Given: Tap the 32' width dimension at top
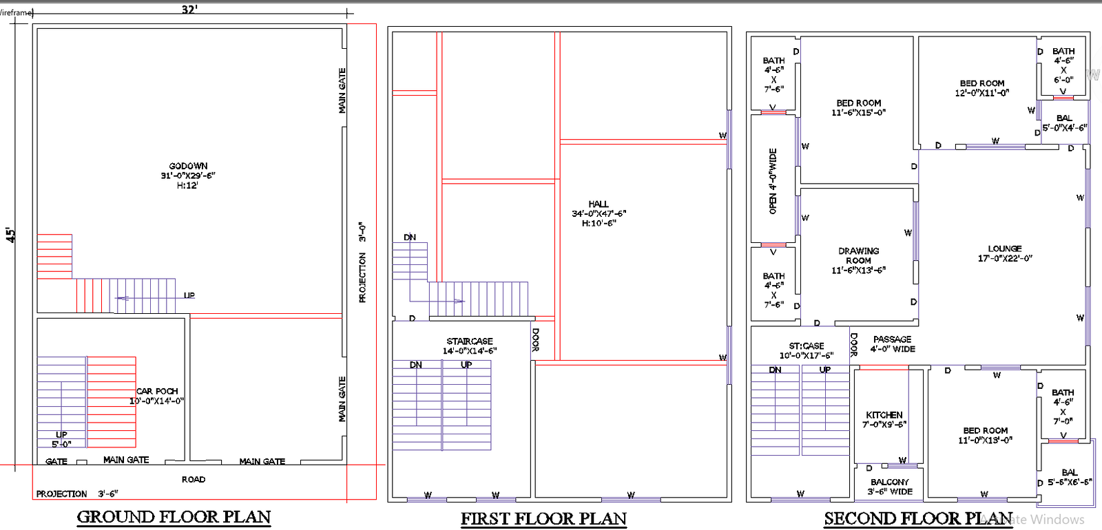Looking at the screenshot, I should coord(189,9).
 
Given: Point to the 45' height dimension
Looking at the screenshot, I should coord(10,235).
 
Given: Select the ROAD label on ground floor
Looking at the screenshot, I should coord(194,479).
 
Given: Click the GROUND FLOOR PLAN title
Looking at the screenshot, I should coord(174,517).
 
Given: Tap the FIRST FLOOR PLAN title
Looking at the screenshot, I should coord(543,519).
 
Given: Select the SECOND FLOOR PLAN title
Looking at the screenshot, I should coord(918,518).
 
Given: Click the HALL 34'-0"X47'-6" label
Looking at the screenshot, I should coord(599,213).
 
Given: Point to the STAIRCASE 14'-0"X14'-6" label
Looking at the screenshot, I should coord(470,346).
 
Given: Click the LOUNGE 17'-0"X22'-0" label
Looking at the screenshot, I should coord(1005,253).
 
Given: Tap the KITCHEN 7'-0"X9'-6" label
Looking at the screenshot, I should coord(884,419).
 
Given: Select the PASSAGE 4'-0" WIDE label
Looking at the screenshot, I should coord(893,344).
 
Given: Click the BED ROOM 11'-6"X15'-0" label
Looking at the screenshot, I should coord(858,107).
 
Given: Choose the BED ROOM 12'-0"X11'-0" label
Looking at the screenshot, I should coord(982,87).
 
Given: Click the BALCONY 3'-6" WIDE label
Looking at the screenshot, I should coord(890,487).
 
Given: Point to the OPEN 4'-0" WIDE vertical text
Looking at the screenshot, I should coord(773,181).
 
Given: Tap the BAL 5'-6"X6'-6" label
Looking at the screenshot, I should coord(1069,477).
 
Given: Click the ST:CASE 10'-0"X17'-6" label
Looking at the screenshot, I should coord(806,350).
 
